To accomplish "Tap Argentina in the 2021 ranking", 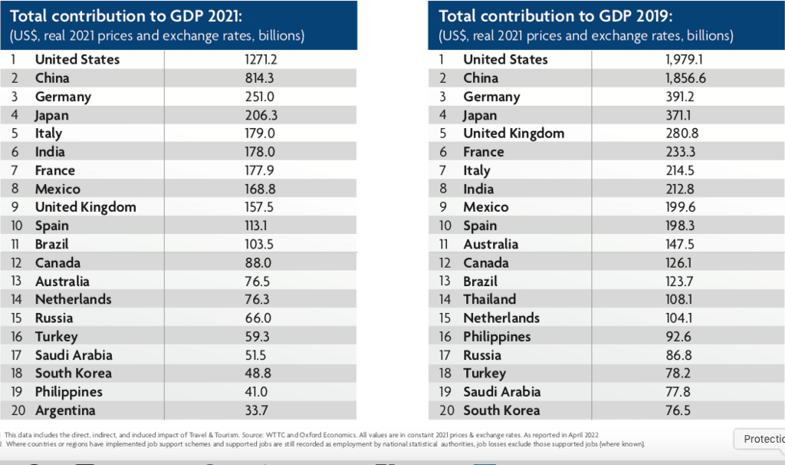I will (x=65, y=411).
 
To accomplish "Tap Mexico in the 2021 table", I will (x=57, y=189).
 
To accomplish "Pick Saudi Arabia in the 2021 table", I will (x=74, y=355).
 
